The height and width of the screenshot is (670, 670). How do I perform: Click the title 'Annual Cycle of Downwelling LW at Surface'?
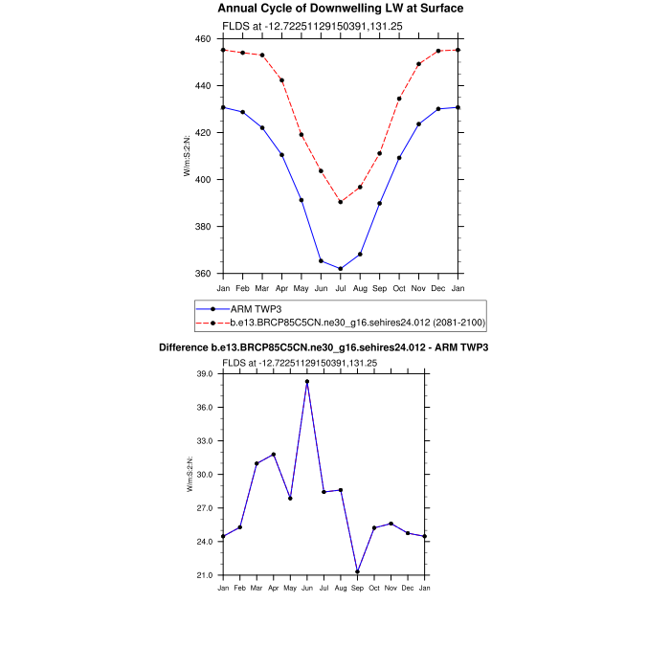[340, 9]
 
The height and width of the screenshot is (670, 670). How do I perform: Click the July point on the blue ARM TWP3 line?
[340, 269]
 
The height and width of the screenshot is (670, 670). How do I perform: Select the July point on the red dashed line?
[340, 202]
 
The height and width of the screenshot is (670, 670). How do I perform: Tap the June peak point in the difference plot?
[307, 382]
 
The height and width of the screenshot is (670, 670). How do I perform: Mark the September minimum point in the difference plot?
[357, 572]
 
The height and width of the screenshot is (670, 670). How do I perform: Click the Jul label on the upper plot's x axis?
[340, 287]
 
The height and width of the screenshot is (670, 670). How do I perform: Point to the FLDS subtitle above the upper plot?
[301, 25]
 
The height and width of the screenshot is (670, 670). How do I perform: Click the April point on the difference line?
[274, 455]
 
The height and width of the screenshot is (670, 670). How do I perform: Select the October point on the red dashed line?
[399, 99]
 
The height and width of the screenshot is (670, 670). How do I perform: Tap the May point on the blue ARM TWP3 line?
[301, 200]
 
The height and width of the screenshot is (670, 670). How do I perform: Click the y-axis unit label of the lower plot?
[190, 474]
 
